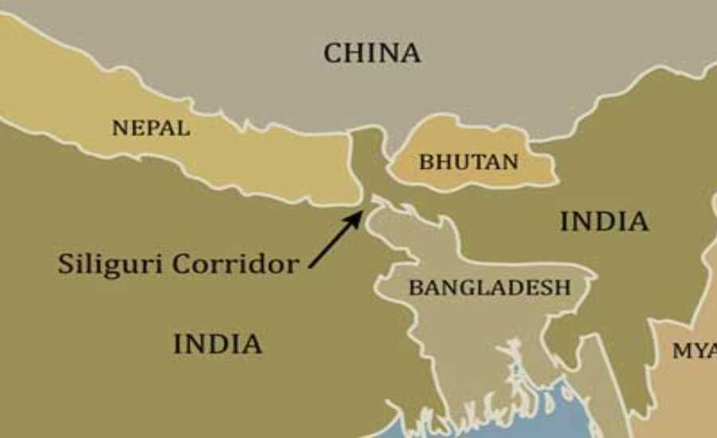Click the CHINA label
pyautogui.click(x=371, y=53)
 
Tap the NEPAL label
pyautogui.click(x=151, y=127)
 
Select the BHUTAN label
pyautogui.click(x=468, y=162)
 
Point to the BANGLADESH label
pyautogui.click(x=489, y=287)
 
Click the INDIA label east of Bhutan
pyautogui.click(x=604, y=221)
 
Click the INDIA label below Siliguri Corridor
pyautogui.click(x=217, y=344)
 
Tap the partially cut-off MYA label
pyautogui.click(x=694, y=350)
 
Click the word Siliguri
pyautogui.click(x=111, y=264)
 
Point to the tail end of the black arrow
pyautogui.click(x=310, y=267)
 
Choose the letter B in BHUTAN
pyautogui.click(x=425, y=162)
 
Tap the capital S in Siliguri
pyautogui.click(x=65, y=264)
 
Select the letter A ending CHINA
pyautogui.click(x=410, y=53)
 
